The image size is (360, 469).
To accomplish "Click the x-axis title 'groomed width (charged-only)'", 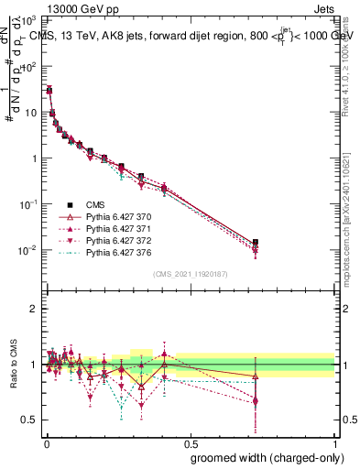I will [x=263, y=457].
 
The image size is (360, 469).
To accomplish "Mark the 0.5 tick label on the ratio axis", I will [x=28, y=420].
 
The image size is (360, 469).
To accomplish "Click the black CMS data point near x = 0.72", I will [x=256, y=243].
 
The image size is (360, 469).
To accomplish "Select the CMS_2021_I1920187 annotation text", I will [x=190, y=274].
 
